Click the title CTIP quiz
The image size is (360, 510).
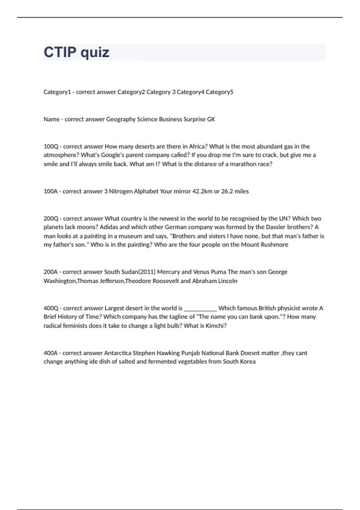(76, 52)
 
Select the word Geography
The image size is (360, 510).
(121, 119)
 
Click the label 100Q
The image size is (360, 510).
(51, 147)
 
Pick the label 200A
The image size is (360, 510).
(51, 272)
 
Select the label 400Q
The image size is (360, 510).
(51, 308)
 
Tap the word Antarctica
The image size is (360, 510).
(118, 353)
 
